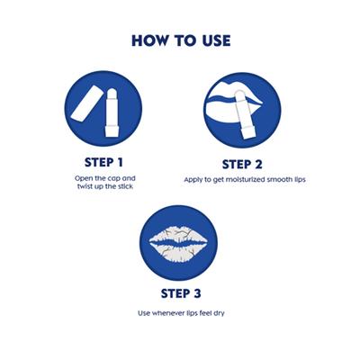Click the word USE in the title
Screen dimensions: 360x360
(216, 40)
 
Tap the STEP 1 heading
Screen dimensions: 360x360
(103, 162)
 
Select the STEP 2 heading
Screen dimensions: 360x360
(242, 165)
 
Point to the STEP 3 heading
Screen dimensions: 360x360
(181, 293)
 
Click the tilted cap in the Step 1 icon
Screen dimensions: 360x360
(86, 103)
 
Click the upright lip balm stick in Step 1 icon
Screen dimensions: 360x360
(112, 113)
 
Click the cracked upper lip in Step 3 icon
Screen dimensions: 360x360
(179, 237)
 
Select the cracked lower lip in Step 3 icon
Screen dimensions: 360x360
(179, 252)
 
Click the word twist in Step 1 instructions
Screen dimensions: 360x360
(85, 186)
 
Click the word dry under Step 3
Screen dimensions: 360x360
(219, 314)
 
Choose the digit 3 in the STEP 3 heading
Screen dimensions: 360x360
(197, 293)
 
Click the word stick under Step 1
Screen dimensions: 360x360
(124, 186)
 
